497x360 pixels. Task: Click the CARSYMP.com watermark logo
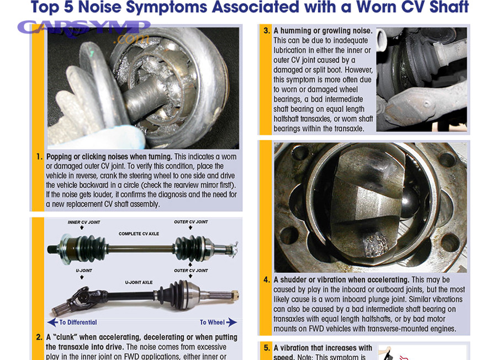(83, 30)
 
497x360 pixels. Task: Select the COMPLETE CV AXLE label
(139, 234)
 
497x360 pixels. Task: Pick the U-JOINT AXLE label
(139, 282)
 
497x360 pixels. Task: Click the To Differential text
(78, 322)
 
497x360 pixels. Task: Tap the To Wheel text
(212, 322)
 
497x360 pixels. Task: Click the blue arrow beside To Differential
(52, 322)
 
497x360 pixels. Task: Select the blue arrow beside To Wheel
(232, 322)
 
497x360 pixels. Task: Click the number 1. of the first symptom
(40, 157)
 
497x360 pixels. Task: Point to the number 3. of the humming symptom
(266, 31)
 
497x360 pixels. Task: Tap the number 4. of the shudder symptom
(266, 280)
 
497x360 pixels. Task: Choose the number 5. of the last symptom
(266, 348)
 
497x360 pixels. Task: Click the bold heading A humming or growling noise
(323, 31)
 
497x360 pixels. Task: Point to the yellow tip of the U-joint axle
(235, 295)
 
